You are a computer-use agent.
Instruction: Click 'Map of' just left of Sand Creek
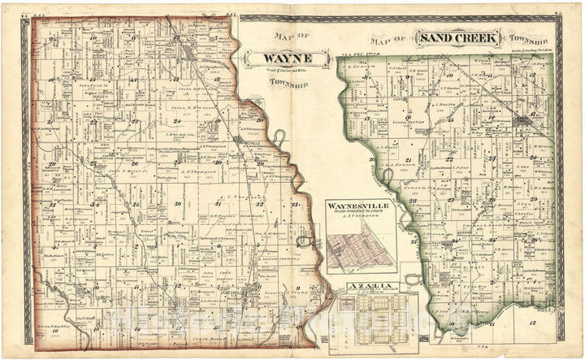(388, 38)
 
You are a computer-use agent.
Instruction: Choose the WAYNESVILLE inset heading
(358, 206)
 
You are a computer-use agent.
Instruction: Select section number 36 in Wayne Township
(177, 203)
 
